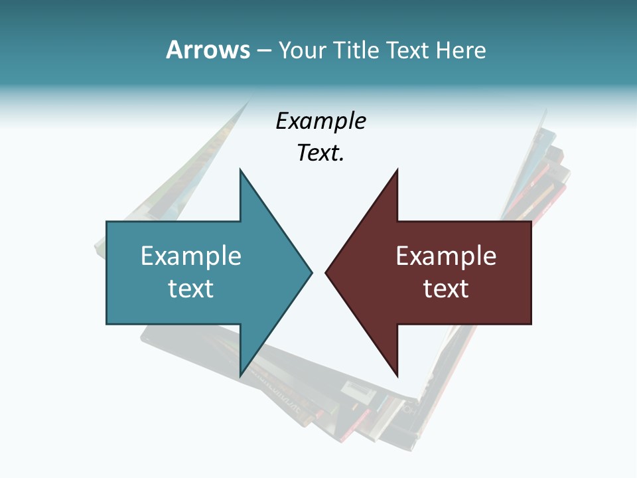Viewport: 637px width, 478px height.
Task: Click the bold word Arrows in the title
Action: pyautogui.click(x=208, y=50)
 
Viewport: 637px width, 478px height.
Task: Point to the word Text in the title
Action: pyautogui.click(x=408, y=50)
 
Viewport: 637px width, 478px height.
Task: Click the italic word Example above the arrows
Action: pyautogui.click(x=320, y=121)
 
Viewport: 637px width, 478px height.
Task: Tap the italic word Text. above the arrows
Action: pyautogui.click(x=320, y=153)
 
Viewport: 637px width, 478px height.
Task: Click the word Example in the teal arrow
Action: pyautogui.click(x=191, y=256)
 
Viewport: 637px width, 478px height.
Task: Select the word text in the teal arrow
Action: pyautogui.click(x=191, y=288)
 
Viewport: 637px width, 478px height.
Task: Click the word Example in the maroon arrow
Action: pyautogui.click(x=446, y=256)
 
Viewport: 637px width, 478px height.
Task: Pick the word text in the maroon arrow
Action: pyautogui.click(x=446, y=288)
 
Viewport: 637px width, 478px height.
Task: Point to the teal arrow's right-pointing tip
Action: pyautogui.click(x=311, y=272)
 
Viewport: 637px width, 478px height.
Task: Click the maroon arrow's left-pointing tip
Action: pyautogui.click(x=326, y=272)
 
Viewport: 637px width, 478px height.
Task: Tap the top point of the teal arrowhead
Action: pyautogui.click(x=240, y=170)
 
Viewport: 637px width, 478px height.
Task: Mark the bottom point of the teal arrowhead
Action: pyautogui.click(x=240, y=376)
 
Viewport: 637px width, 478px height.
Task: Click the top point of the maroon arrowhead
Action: pyautogui.click(x=397, y=170)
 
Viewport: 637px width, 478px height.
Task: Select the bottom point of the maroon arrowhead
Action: pyautogui.click(x=397, y=376)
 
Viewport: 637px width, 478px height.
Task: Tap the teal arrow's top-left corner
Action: pyautogui.click(x=107, y=222)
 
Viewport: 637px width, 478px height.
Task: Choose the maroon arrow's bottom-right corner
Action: pyautogui.click(x=531, y=323)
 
